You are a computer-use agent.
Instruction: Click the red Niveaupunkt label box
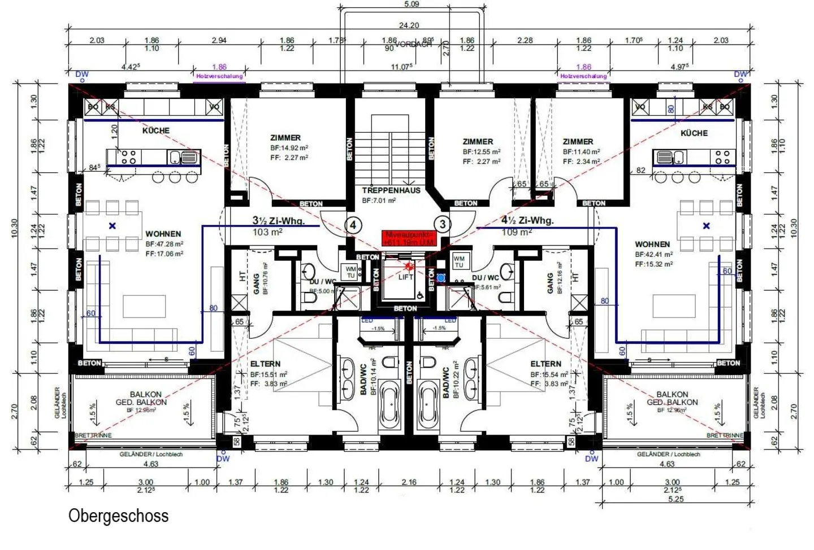(x=409, y=238)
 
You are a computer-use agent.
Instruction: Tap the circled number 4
(x=353, y=225)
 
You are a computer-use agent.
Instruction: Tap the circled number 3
(x=443, y=224)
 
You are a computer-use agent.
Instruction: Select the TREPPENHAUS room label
(x=391, y=190)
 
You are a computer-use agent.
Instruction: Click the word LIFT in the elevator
(x=406, y=277)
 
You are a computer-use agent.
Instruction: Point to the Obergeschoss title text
(x=118, y=516)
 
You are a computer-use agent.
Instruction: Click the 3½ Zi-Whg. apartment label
(x=278, y=221)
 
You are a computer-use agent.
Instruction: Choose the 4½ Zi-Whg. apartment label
(x=527, y=221)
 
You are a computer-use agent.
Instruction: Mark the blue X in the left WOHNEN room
(x=112, y=226)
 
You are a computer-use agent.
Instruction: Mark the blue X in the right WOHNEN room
(x=706, y=226)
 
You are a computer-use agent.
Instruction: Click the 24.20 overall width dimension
(x=409, y=25)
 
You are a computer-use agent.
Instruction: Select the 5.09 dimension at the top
(x=412, y=5)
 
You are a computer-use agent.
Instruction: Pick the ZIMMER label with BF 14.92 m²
(x=285, y=138)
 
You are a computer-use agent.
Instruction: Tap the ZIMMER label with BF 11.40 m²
(x=578, y=142)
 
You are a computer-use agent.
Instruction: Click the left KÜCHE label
(x=156, y=130)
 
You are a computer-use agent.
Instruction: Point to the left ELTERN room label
(x=265, y=364)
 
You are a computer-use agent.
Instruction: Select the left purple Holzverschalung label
(x=219, y=76)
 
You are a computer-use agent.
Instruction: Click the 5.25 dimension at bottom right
(x=676, y=499)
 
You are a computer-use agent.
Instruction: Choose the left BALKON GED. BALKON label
(x=142, y=398)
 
